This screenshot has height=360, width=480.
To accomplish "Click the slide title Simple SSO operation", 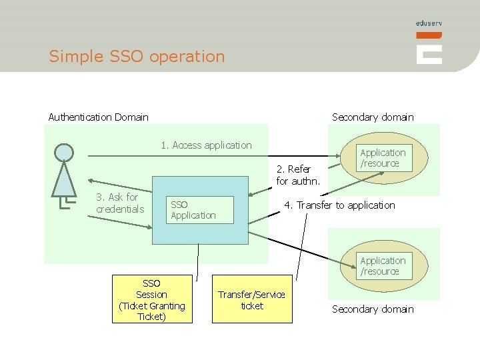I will (137, 57).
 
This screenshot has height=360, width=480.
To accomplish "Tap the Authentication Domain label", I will (98, 117).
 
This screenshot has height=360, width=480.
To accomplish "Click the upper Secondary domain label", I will (373, 117).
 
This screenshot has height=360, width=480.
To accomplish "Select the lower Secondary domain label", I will (373, 309).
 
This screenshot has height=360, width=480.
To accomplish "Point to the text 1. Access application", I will (206, 145).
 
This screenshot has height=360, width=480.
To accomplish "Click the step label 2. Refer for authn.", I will (298, 175).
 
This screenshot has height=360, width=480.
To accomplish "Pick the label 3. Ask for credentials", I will (119, 203).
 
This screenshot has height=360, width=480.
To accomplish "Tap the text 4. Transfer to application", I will (339, 205).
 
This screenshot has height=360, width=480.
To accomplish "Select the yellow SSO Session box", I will (152, 299).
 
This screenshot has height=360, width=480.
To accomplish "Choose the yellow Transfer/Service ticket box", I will (251, 299).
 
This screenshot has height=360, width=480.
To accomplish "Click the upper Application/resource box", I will (383, 158).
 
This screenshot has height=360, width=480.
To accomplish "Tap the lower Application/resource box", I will (383, 266).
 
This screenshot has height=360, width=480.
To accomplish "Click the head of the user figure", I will (64, 153).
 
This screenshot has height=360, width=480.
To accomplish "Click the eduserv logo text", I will (429, 23).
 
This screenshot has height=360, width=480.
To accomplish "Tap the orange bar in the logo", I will (429, 35).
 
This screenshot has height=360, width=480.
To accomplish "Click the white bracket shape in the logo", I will (429, 54).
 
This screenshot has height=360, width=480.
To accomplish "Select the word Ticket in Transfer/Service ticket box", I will (252, 306).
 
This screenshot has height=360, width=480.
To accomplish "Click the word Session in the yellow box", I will (152, 295).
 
